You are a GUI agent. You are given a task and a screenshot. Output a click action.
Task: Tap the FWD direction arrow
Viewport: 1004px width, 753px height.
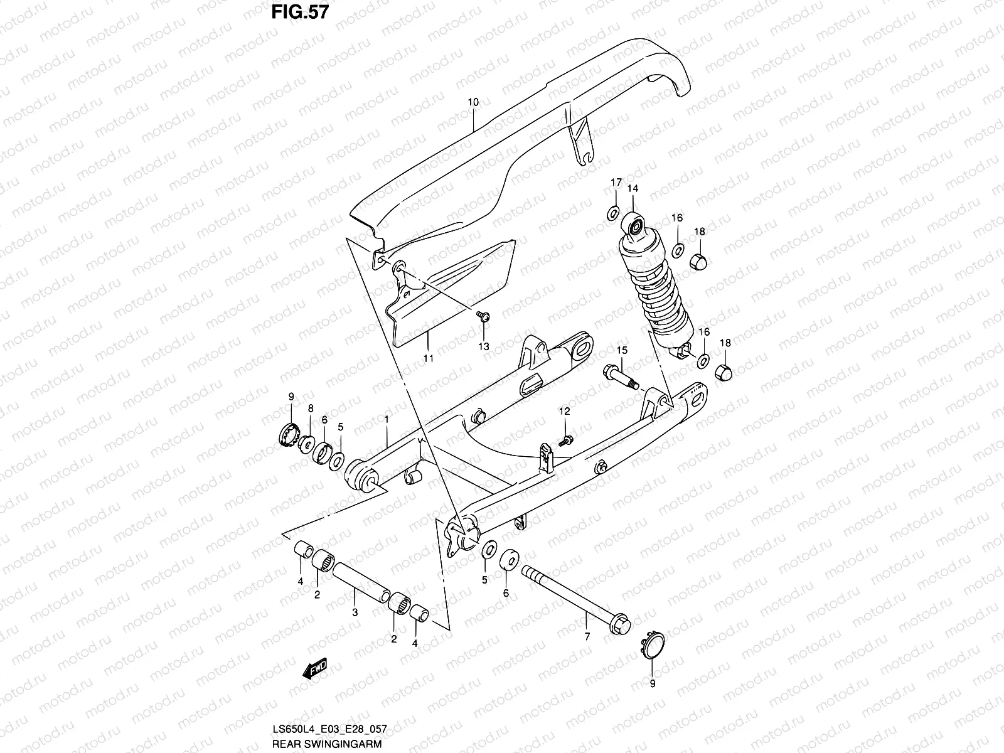316,670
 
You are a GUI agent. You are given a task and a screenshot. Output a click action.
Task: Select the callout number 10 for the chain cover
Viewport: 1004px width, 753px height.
473,102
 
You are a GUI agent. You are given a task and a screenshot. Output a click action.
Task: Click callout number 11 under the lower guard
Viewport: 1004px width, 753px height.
429,359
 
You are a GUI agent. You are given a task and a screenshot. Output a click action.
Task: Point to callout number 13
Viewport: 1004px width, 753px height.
483,346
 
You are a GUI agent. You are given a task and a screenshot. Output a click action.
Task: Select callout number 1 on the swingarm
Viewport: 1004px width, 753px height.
388,418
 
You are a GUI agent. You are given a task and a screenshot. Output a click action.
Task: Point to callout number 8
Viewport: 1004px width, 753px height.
310,409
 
